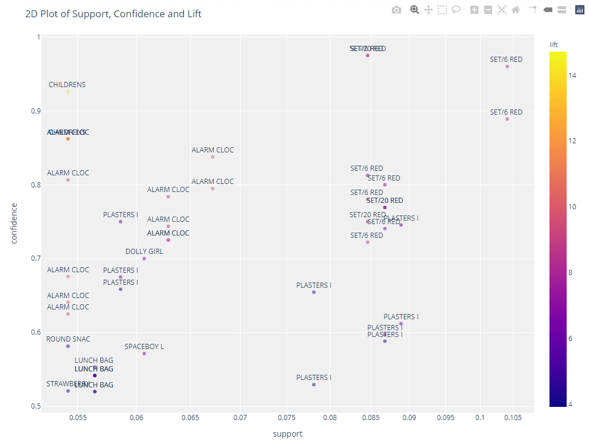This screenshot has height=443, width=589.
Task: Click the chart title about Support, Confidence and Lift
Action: [x=113, y=14]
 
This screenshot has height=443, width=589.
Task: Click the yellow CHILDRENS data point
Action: [x=68, y=92]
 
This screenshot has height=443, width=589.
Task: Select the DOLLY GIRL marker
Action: [x=144, y=258]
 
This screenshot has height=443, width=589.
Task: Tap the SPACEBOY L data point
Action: [x=144, y=354]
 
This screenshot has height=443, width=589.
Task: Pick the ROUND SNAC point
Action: [x=68, y=346]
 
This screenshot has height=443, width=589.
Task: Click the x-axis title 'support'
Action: [x=288, y=434]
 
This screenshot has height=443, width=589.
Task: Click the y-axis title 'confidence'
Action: [x=14, y=223]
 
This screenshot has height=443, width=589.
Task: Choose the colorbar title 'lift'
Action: [x=553, y=44]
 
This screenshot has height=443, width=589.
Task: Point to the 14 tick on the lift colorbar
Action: [x=572, y=75]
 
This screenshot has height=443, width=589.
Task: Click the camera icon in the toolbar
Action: [x=396, y=10]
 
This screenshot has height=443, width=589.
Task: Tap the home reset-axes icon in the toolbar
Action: [x=516, y=10]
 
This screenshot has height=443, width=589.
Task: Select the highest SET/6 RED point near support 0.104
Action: [x=507, y=66]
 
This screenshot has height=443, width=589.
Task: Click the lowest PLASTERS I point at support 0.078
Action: [x=314, y=385]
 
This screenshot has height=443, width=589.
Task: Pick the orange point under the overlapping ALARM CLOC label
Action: [x=68, y=139]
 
